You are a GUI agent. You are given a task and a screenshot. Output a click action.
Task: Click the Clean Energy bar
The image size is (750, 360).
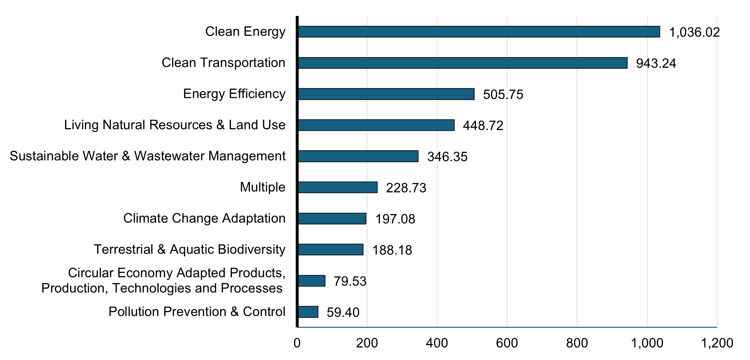point(479,32)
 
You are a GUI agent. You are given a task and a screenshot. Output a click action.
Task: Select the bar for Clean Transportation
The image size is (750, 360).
point(462,63)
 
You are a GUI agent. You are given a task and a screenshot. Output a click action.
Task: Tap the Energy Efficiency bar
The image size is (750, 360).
point(386,94)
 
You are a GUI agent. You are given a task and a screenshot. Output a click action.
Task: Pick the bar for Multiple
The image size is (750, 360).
point(337,187)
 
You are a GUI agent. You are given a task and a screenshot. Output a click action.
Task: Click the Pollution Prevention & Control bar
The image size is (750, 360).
point(308,312)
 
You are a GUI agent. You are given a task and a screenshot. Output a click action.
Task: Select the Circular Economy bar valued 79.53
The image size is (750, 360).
point(312,281)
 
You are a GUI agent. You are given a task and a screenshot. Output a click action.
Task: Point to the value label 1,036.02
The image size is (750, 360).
point(694,32)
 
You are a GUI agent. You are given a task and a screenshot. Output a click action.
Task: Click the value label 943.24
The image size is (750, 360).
point(656,63)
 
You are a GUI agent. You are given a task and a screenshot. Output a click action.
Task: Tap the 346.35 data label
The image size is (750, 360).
point(447,157)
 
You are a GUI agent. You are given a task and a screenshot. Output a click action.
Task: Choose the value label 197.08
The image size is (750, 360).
point(395,219)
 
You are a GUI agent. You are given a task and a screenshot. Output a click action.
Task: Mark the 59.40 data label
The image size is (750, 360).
point(343,312)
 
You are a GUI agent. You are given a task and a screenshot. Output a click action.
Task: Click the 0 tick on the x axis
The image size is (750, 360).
point(297,343)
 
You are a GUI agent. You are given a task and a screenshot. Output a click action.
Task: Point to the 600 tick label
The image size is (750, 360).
point(507,343)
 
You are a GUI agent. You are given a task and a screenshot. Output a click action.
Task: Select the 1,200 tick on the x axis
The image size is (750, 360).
point(717,343)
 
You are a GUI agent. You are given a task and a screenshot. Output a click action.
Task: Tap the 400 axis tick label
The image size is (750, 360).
point(437,343)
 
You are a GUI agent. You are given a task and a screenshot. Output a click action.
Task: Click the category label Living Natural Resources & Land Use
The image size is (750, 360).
point(175,125)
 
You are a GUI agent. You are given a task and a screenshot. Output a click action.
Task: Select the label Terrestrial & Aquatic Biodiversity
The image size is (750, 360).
point(189,249)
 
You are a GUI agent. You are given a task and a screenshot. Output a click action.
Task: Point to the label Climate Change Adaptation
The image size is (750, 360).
point(204,218)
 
